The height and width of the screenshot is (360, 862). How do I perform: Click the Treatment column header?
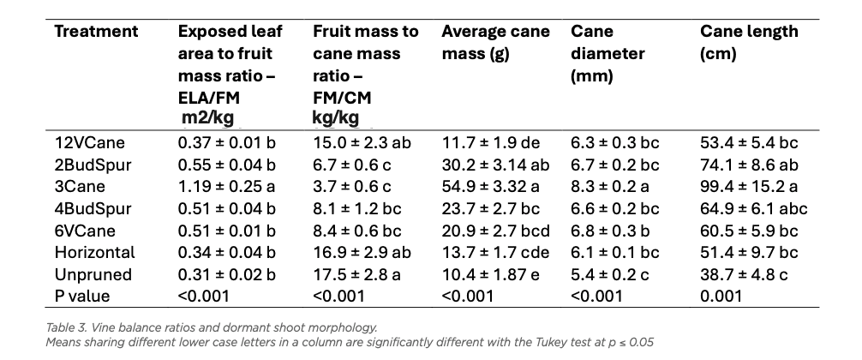tap(96, 32)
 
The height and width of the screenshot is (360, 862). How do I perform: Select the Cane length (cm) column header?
tap(749, 42)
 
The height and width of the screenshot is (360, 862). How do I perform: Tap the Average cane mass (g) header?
tap(495, 42)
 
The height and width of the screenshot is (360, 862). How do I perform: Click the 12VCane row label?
tap(90, 143)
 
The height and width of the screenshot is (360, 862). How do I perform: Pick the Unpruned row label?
tap(93, 274)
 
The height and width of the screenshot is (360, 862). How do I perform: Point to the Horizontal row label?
tap(94, 252)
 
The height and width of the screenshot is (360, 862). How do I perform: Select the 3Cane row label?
tap(80, 186)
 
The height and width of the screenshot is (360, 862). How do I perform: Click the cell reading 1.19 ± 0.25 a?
tap(226, 186)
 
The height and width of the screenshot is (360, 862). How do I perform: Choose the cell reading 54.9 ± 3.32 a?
tap(490, 186)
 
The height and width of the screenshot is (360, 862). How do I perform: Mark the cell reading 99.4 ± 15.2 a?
tap(749, 186)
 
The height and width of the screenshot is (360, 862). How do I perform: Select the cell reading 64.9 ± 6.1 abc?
tap(754, 208)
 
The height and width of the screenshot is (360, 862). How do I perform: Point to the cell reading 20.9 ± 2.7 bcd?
tap(496, 231)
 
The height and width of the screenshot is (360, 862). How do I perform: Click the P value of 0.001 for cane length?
tap(721, 297)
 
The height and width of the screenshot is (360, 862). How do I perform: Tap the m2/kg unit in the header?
tap(207, 117)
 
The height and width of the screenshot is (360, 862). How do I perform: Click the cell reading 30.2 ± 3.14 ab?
tap(495, 165)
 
